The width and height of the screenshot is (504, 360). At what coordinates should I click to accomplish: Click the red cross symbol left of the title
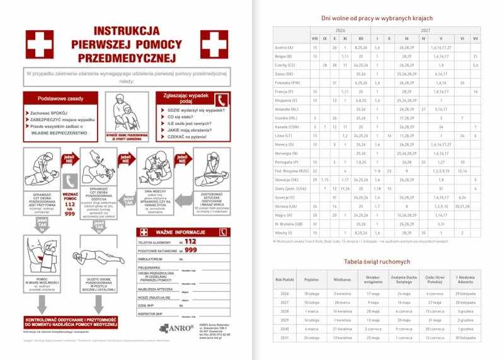pyautogui.click(x=39, y=44)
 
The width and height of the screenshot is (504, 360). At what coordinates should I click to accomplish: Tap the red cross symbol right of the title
pyautogui.click(x=214, y=44)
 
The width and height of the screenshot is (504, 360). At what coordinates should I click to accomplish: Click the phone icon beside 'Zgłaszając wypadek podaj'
pyautogui.click(x=220, y=100)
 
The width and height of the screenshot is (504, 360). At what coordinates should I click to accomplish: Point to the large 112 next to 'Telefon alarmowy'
pyautogui.click(x=190, y=241)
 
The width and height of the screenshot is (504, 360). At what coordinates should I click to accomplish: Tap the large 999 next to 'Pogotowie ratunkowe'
pyautogui.click(x=190, y=250)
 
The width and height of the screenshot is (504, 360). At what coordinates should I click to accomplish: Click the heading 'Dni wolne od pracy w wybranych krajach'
pyautogui.click(x=377, y=18)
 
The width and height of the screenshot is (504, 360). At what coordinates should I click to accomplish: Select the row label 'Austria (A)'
pyautogui.click(x=284, y=47)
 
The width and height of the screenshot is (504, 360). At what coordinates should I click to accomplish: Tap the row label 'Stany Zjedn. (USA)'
pyautogui.click(x=290, y=189)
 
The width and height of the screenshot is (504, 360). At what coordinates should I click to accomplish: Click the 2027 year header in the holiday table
pyautogui.click(x=426, y=30)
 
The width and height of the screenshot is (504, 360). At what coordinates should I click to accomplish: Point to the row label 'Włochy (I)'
pyautogui.click(x=283, y=233)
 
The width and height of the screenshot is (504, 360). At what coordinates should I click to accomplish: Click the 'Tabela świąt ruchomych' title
pyautogui.click(x=377, y=261)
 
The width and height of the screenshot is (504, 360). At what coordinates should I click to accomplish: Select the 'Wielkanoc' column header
pyautogui.click(x=342, y=279)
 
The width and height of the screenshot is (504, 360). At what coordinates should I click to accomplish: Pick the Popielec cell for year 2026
pyautogui.click(x=311, y=293)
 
